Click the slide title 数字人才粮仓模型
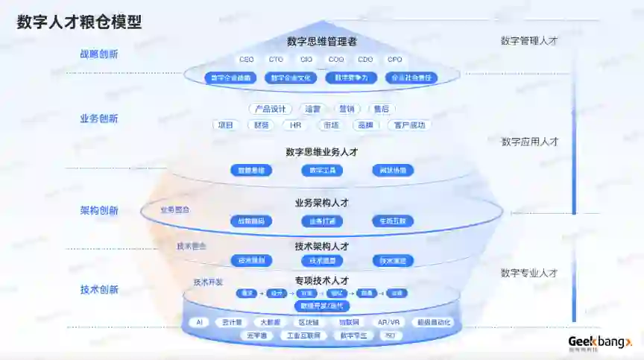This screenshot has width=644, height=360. coord(79,22)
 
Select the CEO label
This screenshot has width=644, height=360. coord(247,60)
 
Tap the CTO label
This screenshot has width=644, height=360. coord(277,60)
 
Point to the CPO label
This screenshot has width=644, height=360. coord(394,60)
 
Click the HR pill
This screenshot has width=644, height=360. coord(296,125)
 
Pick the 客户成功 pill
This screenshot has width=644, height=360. coord(411,125)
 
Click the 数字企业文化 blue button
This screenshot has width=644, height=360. coord(291,78)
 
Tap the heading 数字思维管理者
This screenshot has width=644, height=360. coord(322,42)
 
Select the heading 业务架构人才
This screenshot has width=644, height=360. coord(322,203)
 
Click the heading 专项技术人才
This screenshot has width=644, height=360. coord(322,280)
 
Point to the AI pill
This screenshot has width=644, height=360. coord(198,323)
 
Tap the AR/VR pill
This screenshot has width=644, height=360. coord(388,323)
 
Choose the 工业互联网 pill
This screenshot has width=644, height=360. coord(304,336)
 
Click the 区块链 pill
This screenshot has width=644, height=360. coord(309,323)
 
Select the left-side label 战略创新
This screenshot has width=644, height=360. coord(98,54)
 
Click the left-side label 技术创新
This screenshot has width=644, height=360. coord(98,290)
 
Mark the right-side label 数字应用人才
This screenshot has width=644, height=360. coord(529,142)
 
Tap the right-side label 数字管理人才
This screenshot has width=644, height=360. coord(529,41)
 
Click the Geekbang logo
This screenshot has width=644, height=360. coord(599,342)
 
